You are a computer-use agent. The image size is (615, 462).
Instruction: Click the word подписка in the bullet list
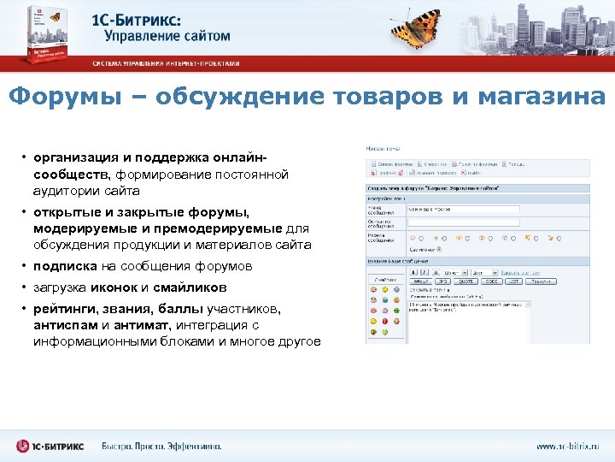pyautogui.click(x=67, y=266)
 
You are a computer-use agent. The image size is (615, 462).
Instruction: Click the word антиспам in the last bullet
pyautogui.click(x=72, y=325)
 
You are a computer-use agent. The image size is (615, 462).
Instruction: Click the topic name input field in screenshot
pyautogui.click(x=463, y=209)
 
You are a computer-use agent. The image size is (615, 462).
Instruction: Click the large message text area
pyautogui.click(x=468, y=320)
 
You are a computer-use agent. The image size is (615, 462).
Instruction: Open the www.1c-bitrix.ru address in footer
pyautogui.click(x=567, y=446)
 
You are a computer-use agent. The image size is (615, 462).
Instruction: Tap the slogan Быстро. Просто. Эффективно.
pyautogui.click(x=161, y=446)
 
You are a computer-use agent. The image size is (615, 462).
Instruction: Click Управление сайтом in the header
pyautogui.click(x=167, y=36)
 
